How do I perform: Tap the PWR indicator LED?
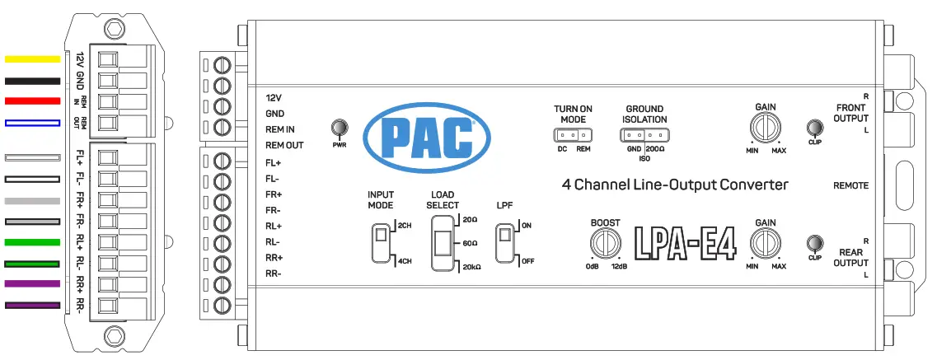(x=338, y=128)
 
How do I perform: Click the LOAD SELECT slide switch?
(x=442, y=244)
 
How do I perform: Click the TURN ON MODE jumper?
(x=573, y=136)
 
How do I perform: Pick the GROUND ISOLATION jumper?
(x=644, y=136)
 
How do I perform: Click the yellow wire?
(x=33, y=59)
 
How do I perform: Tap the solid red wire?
(x=33, y=101)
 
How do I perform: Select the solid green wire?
(x=33, y=242)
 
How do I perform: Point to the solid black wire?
(x=33, y=81)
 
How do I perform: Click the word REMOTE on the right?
(x=850, y=186)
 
